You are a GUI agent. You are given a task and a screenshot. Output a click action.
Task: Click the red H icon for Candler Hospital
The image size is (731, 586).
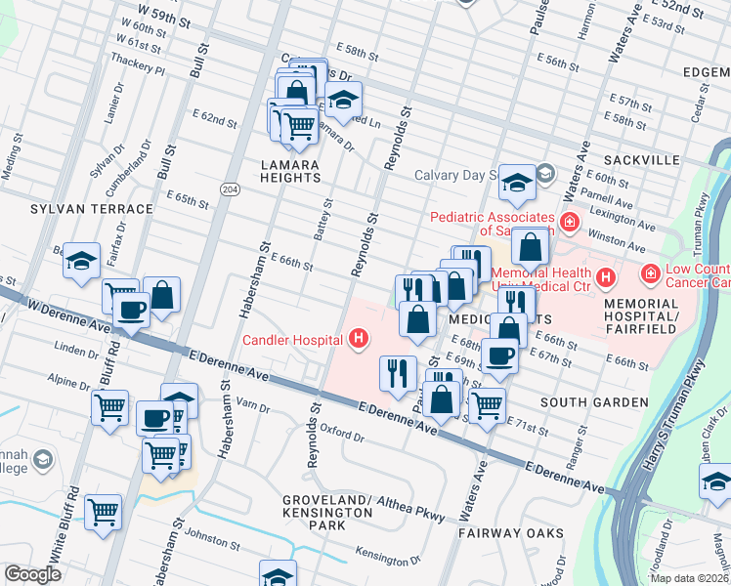pos(360,339)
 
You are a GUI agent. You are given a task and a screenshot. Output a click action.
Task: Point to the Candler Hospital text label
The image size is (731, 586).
pos(292,340)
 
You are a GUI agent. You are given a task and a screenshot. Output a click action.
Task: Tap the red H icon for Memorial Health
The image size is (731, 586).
pos(605,278)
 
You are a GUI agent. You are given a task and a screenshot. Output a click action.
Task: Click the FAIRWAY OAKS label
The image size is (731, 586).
pos(511,532)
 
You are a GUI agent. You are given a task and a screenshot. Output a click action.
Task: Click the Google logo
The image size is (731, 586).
pos(32,574)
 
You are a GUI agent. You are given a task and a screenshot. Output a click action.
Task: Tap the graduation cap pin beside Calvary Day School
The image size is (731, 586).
pos(516,183)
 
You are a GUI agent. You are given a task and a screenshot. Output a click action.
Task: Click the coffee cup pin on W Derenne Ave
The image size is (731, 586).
pos(132,311)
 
